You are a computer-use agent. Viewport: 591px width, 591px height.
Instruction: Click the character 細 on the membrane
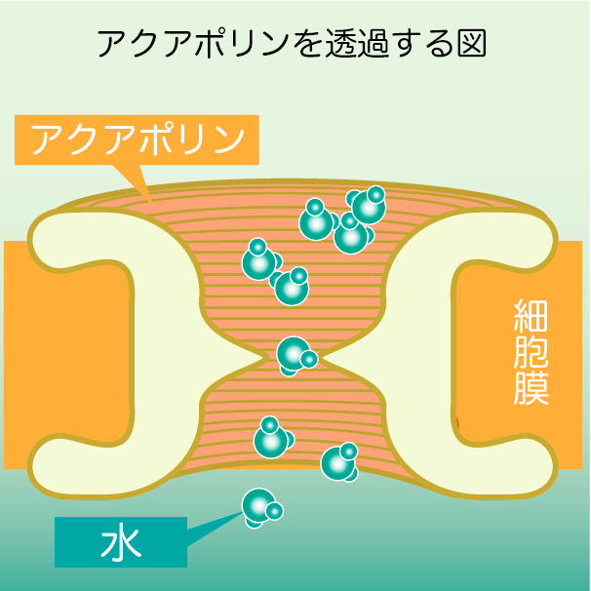click(x=532, y=317)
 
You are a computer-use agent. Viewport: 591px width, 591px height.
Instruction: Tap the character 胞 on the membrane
click(x=532, y=352)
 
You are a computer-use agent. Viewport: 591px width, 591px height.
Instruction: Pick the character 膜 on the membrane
click(x=532, y=387)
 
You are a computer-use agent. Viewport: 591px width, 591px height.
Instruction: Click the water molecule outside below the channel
click(x=260, y=506)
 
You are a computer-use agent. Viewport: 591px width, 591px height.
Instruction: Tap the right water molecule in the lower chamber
click(x=339, y=462)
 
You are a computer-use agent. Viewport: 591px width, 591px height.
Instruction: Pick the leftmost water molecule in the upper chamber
click(x=260, y=260)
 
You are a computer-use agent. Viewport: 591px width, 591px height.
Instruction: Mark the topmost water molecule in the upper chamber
click(x=367, y=205)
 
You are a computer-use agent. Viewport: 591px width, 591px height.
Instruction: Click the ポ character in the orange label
click(x=168, y=138)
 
